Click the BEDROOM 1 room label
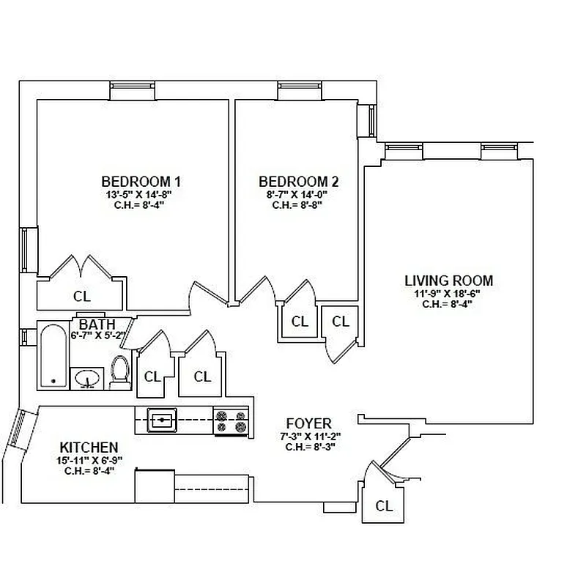tap(141, 182)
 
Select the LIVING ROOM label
tap(448, 281)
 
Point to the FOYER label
tap(308, 423)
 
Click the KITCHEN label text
tap(89, 447)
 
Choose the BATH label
tap(97, 324)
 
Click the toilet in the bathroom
tap(119, 372)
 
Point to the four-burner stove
tap(231, 421)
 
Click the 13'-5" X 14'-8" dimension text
tap(141, 195)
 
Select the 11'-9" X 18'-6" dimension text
tap(448, 293)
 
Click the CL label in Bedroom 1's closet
tap(82, 296)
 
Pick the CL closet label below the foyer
tap(383, 505)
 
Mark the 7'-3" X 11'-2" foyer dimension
tap(308, 436)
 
